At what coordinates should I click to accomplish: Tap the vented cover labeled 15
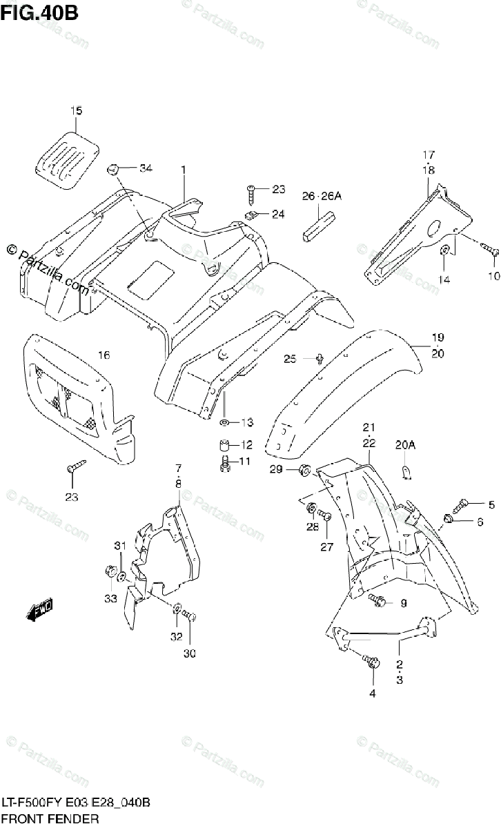[66, 159]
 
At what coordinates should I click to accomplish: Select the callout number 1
[184, 170]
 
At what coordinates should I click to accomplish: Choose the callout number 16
[104, 355]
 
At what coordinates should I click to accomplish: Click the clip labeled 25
[321, 358]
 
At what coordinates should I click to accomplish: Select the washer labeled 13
[226, 422]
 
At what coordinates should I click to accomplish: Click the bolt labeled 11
[225, 464]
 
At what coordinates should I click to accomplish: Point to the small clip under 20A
[406, 471]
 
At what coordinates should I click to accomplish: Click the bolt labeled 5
[463, 504]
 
